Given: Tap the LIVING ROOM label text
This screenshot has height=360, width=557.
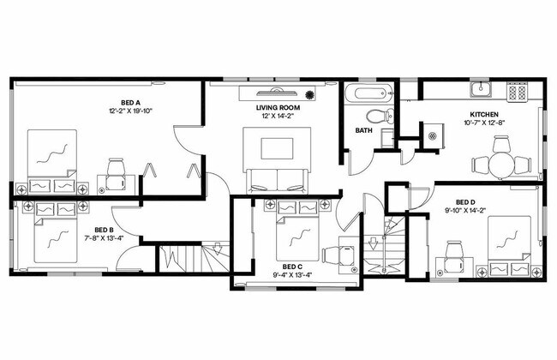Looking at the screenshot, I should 276,108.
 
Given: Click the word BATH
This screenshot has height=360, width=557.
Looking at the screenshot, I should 363,131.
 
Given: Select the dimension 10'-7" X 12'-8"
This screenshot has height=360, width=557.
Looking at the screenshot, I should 484,123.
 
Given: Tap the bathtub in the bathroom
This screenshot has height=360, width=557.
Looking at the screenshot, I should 368,93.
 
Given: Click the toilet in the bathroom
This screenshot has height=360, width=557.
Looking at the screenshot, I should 377,116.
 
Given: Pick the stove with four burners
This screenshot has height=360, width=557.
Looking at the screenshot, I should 517,90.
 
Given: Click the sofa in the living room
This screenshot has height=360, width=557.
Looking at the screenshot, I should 276,181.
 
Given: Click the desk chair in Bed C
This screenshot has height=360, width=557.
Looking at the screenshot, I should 345,255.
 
